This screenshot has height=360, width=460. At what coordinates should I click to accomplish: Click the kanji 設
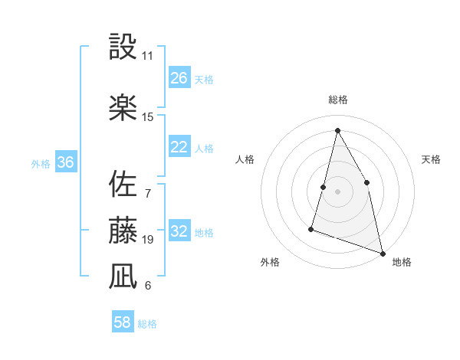tap(123, 47)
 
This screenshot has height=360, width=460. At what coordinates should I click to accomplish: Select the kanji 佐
tap(123, 184)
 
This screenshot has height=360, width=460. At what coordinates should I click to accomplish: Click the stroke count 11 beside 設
tap(148, 57)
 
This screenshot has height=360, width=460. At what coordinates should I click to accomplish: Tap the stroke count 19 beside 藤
tap(148, 240)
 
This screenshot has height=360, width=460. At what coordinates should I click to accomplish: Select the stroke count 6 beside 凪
tap(148, 286)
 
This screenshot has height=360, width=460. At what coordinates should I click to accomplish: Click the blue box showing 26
tap(179, 77)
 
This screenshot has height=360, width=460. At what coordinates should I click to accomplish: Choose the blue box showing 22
tap(179, 147)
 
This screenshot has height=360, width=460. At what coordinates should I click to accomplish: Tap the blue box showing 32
tap(179, 231)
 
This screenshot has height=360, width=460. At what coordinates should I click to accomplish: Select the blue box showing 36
tap(65, 162)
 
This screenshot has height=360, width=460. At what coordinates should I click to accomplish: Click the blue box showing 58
tap(123, 322)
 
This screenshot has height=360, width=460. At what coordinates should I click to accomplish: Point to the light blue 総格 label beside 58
tap(147, 324)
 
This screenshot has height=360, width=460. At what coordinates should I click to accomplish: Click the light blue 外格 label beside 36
tap(41, 163)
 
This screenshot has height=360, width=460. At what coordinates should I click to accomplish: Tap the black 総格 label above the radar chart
tap(337, 100)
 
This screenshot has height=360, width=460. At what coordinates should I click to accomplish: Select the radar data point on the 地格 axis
tap(382, 252)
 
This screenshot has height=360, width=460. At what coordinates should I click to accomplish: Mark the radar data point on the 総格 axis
tap(337, 129)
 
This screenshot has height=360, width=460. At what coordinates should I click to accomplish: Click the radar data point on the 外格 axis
tap(311, 227)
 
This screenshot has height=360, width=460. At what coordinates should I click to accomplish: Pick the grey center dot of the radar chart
tap(337, 191)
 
